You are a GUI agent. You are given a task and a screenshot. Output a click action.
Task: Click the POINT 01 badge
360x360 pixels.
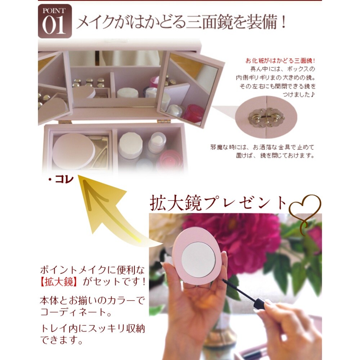pos(55,21)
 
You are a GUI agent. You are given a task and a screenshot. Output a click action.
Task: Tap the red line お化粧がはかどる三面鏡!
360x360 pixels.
pos(280,60)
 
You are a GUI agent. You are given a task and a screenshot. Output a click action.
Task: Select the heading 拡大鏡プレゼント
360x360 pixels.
pos(219,203)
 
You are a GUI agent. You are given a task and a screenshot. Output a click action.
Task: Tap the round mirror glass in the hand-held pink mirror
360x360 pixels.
pos(198,259)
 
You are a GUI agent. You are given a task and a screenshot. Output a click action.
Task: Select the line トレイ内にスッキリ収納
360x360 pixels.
pos(93,328)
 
